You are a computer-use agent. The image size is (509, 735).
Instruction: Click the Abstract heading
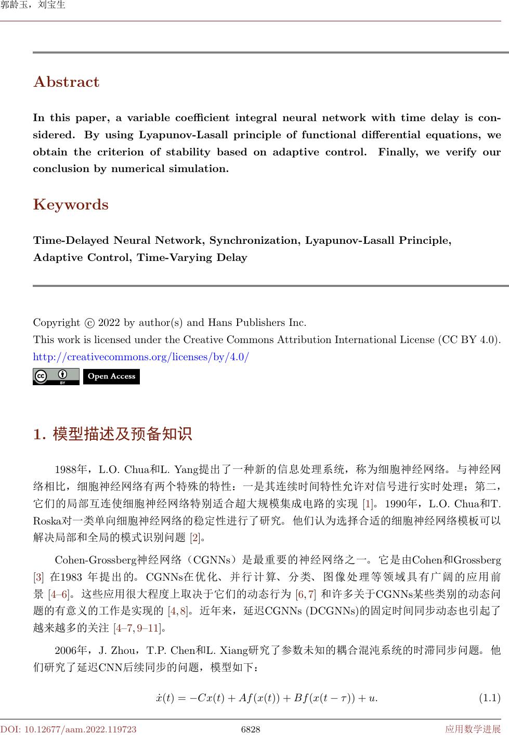coord(66,82)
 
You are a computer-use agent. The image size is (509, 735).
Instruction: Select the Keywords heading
coord(71,205)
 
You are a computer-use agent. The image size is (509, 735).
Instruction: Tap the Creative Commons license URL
coord(141,357)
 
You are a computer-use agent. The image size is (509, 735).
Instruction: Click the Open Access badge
coord(111,376)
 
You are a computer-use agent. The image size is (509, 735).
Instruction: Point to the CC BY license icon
coord(56,376)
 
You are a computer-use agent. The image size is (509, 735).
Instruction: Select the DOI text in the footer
coord(69,729)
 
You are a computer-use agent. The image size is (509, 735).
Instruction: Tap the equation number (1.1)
coord(489,698)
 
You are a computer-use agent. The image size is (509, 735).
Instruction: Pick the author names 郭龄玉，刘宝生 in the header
coord(33,6)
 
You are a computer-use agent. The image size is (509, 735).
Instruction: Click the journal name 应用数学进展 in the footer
coord(473,729)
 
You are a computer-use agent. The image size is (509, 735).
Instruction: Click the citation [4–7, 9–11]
coord(137,628)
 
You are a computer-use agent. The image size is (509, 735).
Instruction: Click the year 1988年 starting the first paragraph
coord(72,470)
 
